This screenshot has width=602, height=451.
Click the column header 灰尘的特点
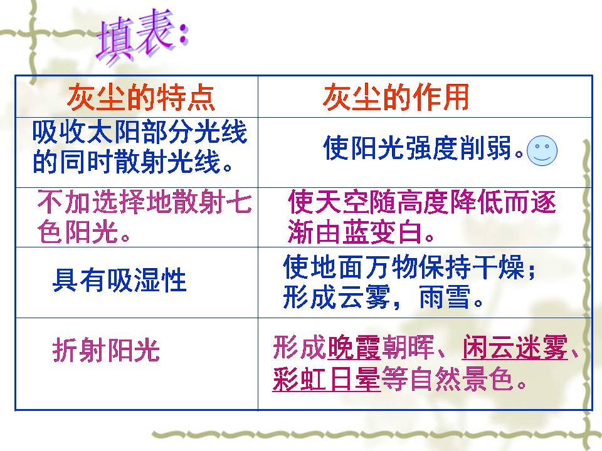click(x=140, y=98)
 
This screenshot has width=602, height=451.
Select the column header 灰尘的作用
click(x=396, y=98)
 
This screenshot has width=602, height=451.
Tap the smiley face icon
click(x=542, y=150)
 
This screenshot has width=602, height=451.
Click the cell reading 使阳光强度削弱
click(x=423, y=150)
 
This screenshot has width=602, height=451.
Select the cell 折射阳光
click(x=106, y=350)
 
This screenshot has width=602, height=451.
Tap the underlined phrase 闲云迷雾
click(x=515, y=348)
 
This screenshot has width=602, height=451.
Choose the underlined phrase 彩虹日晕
click(x=326, y=380)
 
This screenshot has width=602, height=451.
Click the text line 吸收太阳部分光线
click(x=140, y=133)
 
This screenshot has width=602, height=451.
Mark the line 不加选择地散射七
click(x=145, y=203)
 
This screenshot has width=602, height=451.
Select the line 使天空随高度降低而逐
click(x=421, y=203)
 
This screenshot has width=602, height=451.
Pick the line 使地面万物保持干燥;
click(x=411, y=269)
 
